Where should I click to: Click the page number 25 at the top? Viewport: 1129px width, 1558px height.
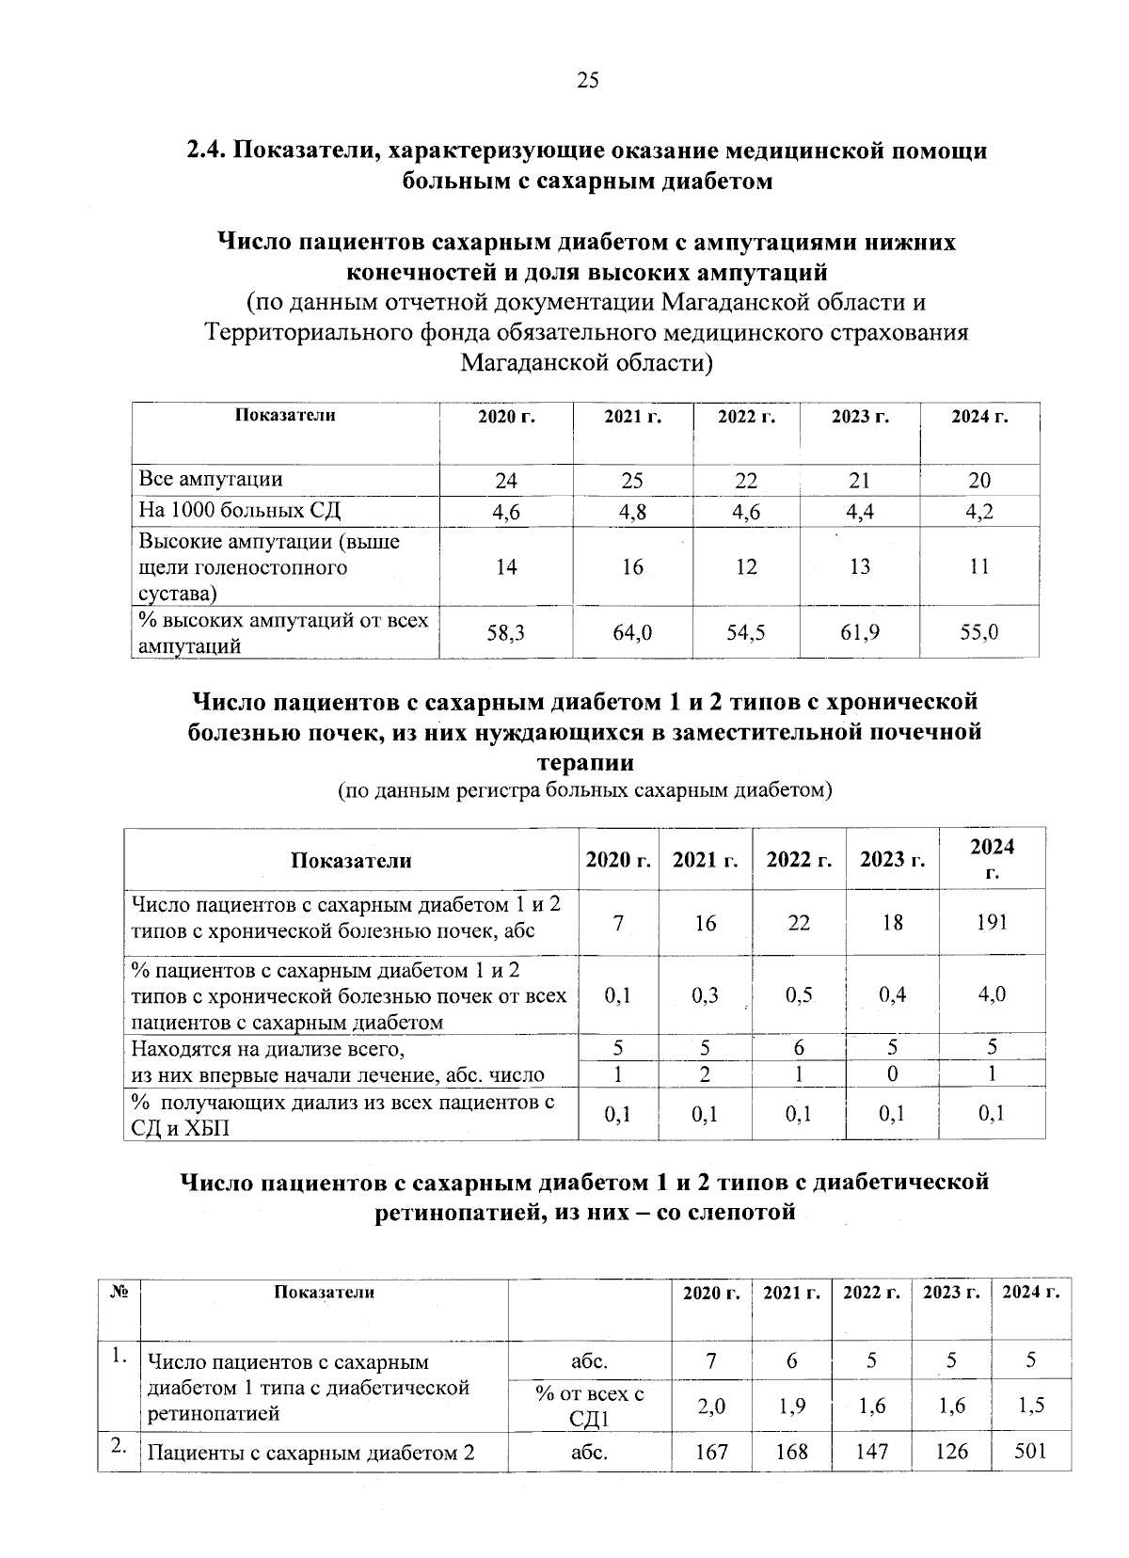click(x=587, y=81)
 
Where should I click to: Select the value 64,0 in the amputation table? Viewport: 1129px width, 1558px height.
click(x=632, y=633)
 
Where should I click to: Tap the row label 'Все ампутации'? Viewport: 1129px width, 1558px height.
click(x=211, y=479)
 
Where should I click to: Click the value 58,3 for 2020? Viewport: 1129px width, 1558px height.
click(x=506, y=633)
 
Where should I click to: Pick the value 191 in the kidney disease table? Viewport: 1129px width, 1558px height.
click(x=992, y=922)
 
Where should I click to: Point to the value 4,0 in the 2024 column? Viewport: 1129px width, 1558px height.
click(x=992, y=994)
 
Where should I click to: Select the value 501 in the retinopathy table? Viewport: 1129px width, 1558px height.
click(x=1031, y=1451)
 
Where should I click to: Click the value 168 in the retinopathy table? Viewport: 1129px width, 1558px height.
click(x=791, y=1452)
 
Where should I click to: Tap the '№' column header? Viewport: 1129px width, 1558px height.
click(x=119, y=1292)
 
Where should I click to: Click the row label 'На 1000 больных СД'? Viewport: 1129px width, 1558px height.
click(x=240, y=511)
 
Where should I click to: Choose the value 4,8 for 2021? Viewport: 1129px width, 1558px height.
click(x=632, y=512)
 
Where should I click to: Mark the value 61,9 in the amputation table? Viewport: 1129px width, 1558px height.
click(x=859, y=632)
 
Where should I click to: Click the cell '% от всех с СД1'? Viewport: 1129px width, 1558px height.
click(x=589, y=1406)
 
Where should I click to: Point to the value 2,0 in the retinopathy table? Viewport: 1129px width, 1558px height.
click(x=711, y=1406)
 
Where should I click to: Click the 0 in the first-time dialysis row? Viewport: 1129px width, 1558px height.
click(x=892, y=1073)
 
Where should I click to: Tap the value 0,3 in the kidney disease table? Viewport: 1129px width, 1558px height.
click(x=705, y=994)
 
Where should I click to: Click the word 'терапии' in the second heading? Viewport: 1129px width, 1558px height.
click(x=585, y=761)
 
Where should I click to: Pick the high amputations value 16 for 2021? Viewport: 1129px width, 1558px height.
click(x=632, y=566)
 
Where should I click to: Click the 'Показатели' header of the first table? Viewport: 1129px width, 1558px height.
click(x=285, y=415)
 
